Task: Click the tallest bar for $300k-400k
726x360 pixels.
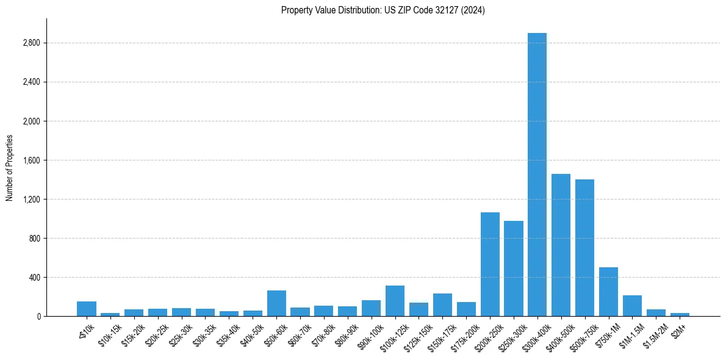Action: (537, 177)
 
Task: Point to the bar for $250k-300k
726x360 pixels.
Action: (514, 268)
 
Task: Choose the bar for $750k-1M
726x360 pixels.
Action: (608, 292)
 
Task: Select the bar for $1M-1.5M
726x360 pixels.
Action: (632, 306)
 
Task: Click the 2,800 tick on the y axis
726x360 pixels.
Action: (32, 43)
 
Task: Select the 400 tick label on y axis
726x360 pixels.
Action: (34, 278)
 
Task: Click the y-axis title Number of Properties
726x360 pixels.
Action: (10, 168)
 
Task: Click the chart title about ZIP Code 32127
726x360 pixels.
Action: (383, 10)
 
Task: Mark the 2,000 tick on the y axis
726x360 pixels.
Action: (32, 121)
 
